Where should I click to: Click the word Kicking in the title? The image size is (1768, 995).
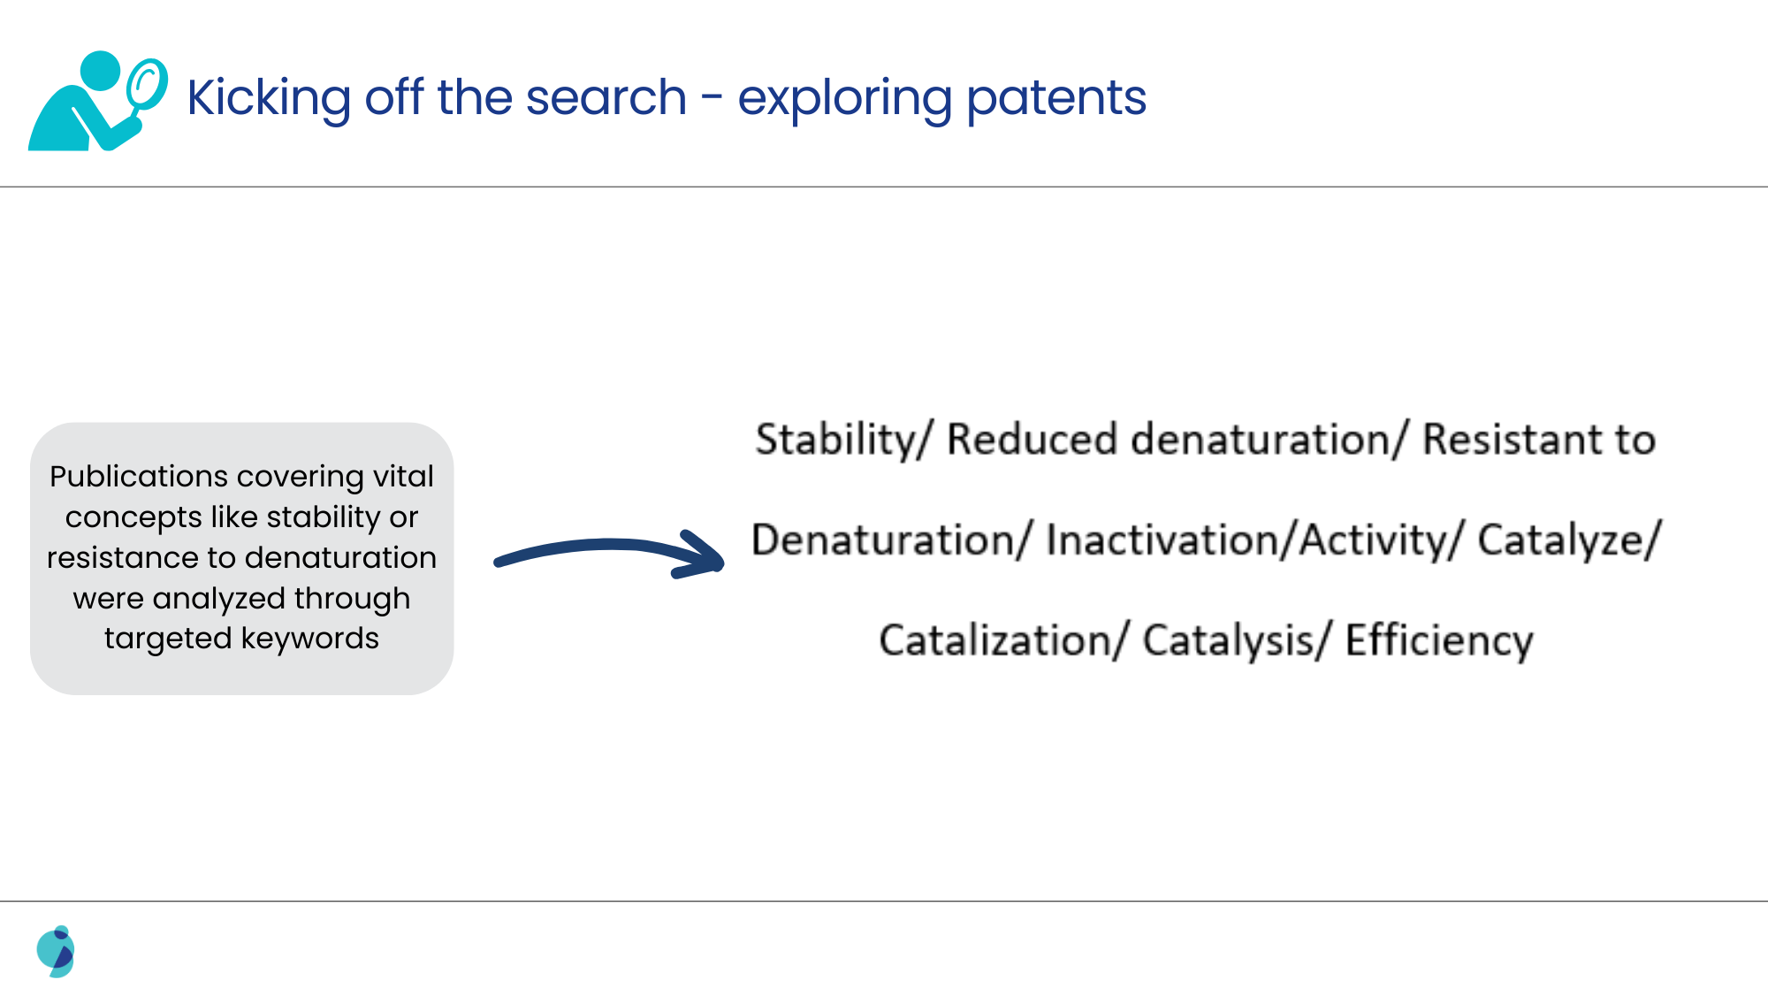[270, 97]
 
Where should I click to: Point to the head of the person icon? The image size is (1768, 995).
[100, 70]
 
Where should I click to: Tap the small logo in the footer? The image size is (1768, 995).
[56, 952]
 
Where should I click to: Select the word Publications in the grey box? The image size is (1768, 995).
[138, 477]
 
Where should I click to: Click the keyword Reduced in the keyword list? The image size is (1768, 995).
[1032, 440]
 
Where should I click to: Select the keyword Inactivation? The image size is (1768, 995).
[1165, 540]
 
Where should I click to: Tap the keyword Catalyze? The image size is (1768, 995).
[1562, 540]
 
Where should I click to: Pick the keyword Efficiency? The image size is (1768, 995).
[1439, 639]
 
